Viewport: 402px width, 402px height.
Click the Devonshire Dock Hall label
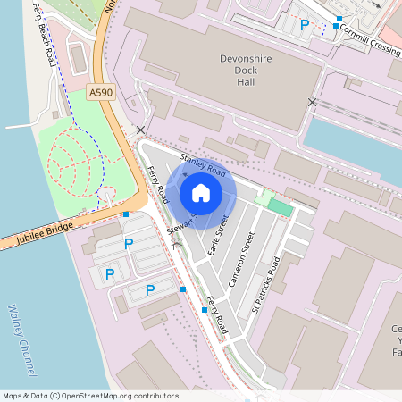[244, 71]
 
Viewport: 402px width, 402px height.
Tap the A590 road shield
[100, 91]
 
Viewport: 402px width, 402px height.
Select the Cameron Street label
[242, 258]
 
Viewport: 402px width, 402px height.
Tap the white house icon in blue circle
[201, 192]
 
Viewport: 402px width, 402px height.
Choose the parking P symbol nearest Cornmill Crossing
[305, 25]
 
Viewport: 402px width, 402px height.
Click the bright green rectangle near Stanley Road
[280, 207]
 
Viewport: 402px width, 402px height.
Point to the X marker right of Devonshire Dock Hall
[312, 103]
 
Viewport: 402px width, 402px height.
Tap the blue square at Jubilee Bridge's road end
[126, 214]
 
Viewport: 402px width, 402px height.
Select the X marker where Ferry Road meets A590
[140, 130]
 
